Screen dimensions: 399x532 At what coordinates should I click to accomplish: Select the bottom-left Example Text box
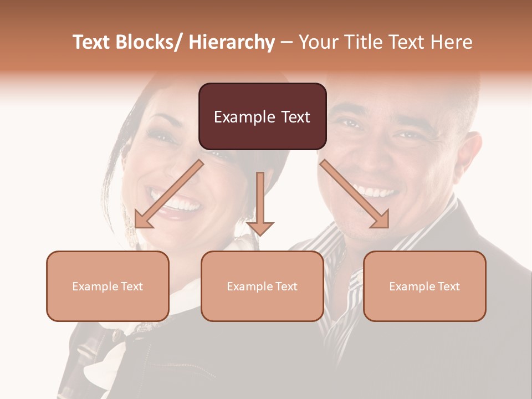point(108,286)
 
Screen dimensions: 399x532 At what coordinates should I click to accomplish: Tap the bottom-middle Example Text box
point(262,286)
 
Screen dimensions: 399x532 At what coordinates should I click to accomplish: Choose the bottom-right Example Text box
point(424,286)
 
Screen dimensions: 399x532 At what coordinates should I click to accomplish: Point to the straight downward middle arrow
point(260,203)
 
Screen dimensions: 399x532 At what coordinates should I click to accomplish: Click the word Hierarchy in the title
point(231,42)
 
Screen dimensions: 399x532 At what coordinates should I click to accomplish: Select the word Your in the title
point(318,42)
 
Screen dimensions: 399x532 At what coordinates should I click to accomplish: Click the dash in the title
point(286,43)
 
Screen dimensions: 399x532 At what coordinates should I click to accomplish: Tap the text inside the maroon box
point(262,117)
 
